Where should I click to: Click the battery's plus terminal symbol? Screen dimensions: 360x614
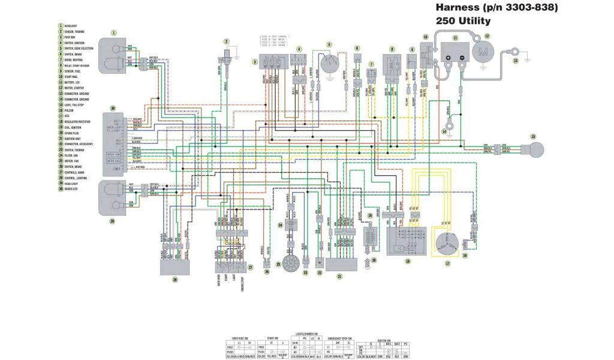(449, 58)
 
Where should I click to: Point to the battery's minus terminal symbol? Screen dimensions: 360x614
(462, 58)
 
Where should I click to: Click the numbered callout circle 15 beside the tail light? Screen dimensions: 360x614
(533, 137)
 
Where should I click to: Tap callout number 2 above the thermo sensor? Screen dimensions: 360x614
(227, 41)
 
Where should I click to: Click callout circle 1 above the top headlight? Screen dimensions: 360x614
(114, 32)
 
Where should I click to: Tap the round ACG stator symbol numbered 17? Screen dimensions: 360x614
(447, 244)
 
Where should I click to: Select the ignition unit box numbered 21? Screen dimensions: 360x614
(339, 263)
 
